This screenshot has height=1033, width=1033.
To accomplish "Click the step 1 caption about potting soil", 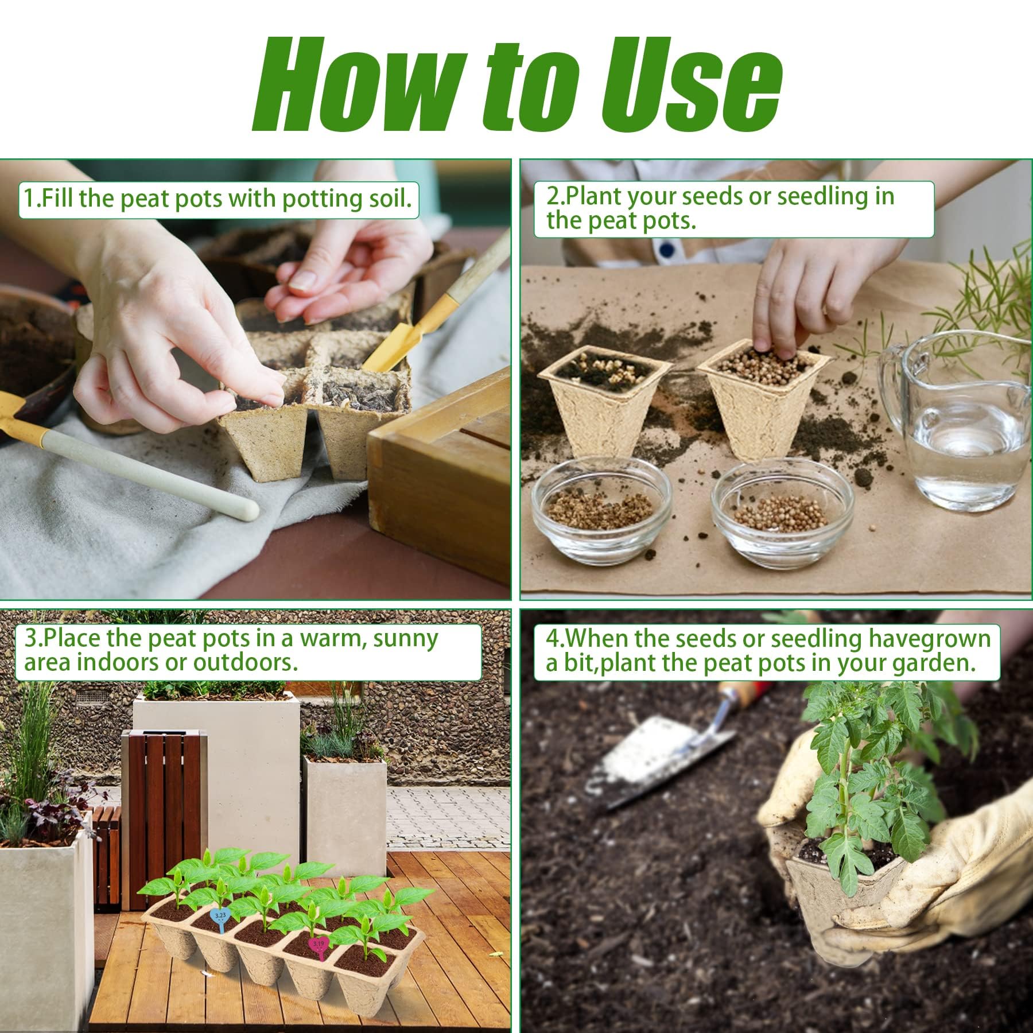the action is coord(218,199).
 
